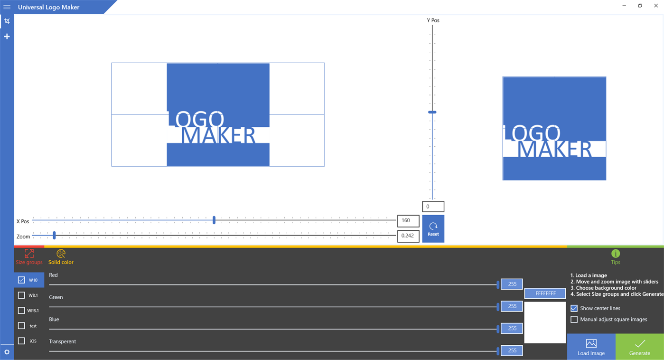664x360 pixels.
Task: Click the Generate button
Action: tap(640, 347)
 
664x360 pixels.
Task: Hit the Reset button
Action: tap(433, 228)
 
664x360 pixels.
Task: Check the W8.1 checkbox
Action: tap(21, 295)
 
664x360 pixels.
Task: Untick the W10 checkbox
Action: tap(21, 280)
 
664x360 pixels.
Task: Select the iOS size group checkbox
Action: tap(21, 341)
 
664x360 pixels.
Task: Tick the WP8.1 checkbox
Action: tap(21, 311)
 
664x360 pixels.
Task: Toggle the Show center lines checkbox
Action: tap(574, 308)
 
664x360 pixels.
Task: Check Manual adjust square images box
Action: tap(574, 319)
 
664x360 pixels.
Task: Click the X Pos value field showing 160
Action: tap(408, 221)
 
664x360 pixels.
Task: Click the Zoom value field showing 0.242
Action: tap(408, 236)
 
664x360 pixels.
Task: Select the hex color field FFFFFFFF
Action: tap(545, 294)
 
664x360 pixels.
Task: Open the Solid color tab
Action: tap(61, 257)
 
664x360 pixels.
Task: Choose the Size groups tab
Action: tap(29, 257)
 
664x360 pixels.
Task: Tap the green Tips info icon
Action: tap(616, 254)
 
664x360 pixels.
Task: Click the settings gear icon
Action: tap(7, 352)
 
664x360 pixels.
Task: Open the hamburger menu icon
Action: tap(7, 7)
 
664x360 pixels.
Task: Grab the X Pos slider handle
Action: tap(214, 220)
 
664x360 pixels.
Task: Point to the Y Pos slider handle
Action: tap(432, 112)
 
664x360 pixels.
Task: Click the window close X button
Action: tap(656, 6)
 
